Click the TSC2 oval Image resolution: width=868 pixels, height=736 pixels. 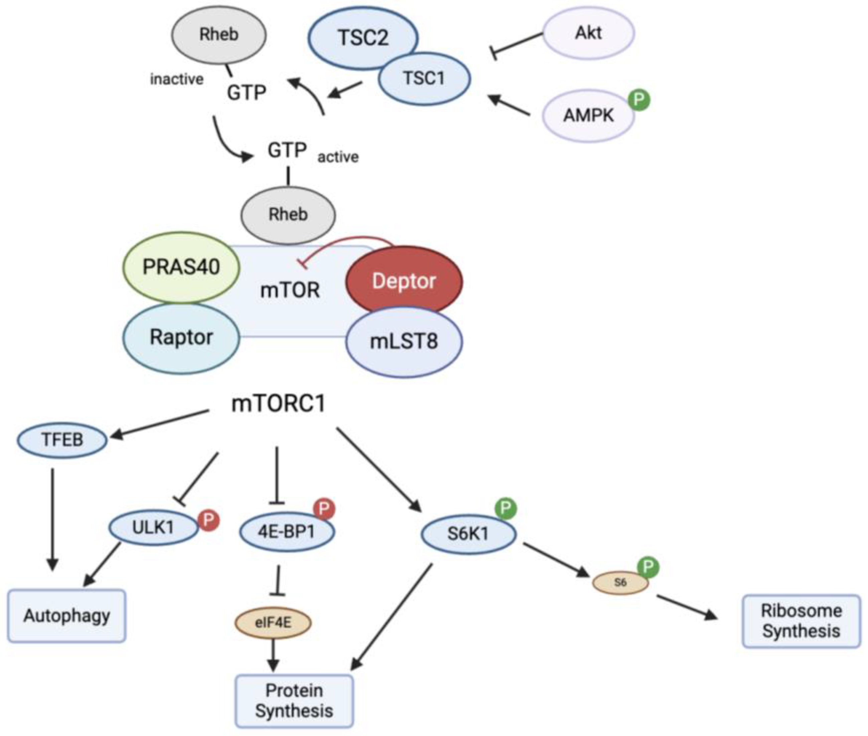click(363, 37)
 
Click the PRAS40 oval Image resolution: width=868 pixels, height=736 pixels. click(181, 267)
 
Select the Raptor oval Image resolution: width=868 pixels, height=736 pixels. click(181, 338)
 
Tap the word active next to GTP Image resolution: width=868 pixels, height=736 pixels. click(338, 157)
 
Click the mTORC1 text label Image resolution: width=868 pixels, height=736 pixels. click(278, 403)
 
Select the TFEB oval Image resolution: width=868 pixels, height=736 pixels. click(62, 440)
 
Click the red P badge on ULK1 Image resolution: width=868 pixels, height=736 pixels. click(209, 520)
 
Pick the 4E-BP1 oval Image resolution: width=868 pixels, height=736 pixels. click(287, 532)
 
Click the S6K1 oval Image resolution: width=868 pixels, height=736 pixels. click(468, 534)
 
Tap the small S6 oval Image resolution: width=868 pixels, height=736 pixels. click(621, 582)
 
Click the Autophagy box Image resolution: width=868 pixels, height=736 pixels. click(67, 616)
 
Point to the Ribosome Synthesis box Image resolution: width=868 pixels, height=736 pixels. click(801, 621)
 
